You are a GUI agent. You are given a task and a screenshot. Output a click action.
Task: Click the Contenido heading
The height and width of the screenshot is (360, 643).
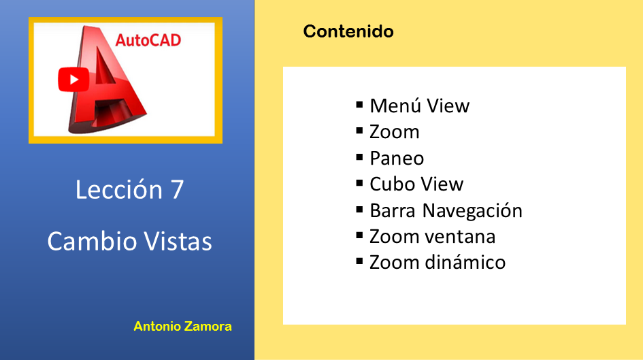(x=348, y=31)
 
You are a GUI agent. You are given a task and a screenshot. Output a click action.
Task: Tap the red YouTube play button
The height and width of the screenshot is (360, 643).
(x=73, y=80)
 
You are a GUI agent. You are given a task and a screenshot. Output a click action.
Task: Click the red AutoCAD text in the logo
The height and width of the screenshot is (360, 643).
(x=148, y=40)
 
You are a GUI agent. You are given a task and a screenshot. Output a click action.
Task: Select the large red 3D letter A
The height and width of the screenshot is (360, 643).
(x=108, y=80)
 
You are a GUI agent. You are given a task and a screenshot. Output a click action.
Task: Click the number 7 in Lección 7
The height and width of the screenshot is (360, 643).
(x=176, y=190)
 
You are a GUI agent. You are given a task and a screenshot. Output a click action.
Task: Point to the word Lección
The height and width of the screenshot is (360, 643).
(x=119, y=189)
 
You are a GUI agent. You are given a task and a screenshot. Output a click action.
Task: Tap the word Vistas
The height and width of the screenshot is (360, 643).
(x=178, y=241)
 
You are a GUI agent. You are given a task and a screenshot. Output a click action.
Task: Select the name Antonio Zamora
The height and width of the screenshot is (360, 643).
(x=182, y=327)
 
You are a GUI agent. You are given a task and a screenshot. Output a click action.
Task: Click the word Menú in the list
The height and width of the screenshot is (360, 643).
(x=395, y=105)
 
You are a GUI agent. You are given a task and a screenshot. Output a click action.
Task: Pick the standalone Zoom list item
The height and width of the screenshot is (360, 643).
(x=395, y=132)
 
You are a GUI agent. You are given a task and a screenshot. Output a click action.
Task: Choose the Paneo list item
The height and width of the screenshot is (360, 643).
(x=397, y=159)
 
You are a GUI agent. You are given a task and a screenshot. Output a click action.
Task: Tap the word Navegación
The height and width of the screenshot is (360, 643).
(x=472, y=211)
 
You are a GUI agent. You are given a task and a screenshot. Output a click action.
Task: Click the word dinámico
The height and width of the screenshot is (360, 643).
(x=465, y=263)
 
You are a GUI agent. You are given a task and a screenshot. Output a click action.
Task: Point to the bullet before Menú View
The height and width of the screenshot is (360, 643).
(x=360, y=105)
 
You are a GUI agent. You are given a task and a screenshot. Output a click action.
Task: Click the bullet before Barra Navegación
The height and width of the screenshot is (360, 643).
(x=360, y=210)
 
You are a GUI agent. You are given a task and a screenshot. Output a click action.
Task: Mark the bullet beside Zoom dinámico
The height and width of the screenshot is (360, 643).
(x=360, y=261)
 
